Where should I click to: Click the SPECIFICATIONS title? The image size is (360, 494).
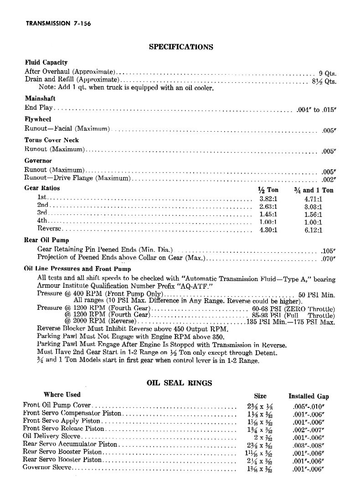[181, 46]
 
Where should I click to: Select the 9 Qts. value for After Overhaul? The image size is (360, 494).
[327, 73]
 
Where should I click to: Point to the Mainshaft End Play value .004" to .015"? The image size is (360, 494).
[316, 109]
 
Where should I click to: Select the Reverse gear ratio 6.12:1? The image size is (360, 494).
[313, 230]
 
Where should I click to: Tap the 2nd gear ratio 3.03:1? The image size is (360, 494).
[313, 207]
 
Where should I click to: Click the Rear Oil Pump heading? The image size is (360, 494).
[46, 240]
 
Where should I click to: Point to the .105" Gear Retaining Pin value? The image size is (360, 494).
[328, 250]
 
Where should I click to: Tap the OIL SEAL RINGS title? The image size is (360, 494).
[179, 383]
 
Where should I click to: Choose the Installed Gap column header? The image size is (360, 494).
[308, 396]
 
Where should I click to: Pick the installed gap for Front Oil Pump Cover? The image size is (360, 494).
[308, 405]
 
